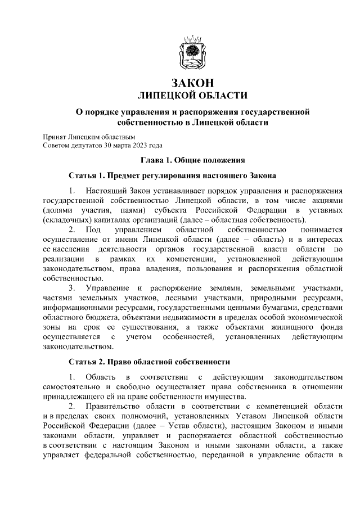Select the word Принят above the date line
[55, 137]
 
